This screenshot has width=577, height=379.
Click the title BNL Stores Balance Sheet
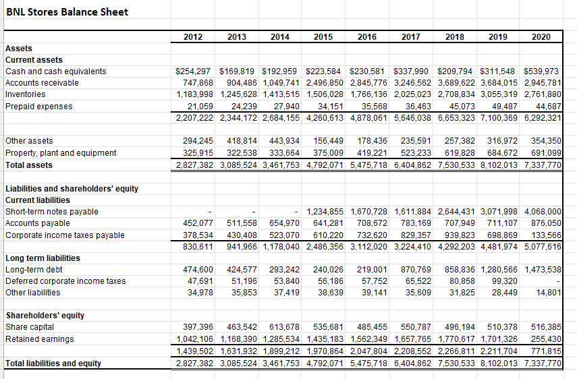click(67, 11)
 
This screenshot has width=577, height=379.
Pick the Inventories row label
click(26, 94)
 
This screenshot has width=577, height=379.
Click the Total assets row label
click(29, 165)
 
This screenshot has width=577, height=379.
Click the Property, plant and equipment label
click(61, 153)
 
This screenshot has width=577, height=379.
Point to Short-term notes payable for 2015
click(325, 212)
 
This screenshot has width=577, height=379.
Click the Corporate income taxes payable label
click(65, 235)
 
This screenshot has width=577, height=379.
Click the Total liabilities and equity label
click(53, 363)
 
